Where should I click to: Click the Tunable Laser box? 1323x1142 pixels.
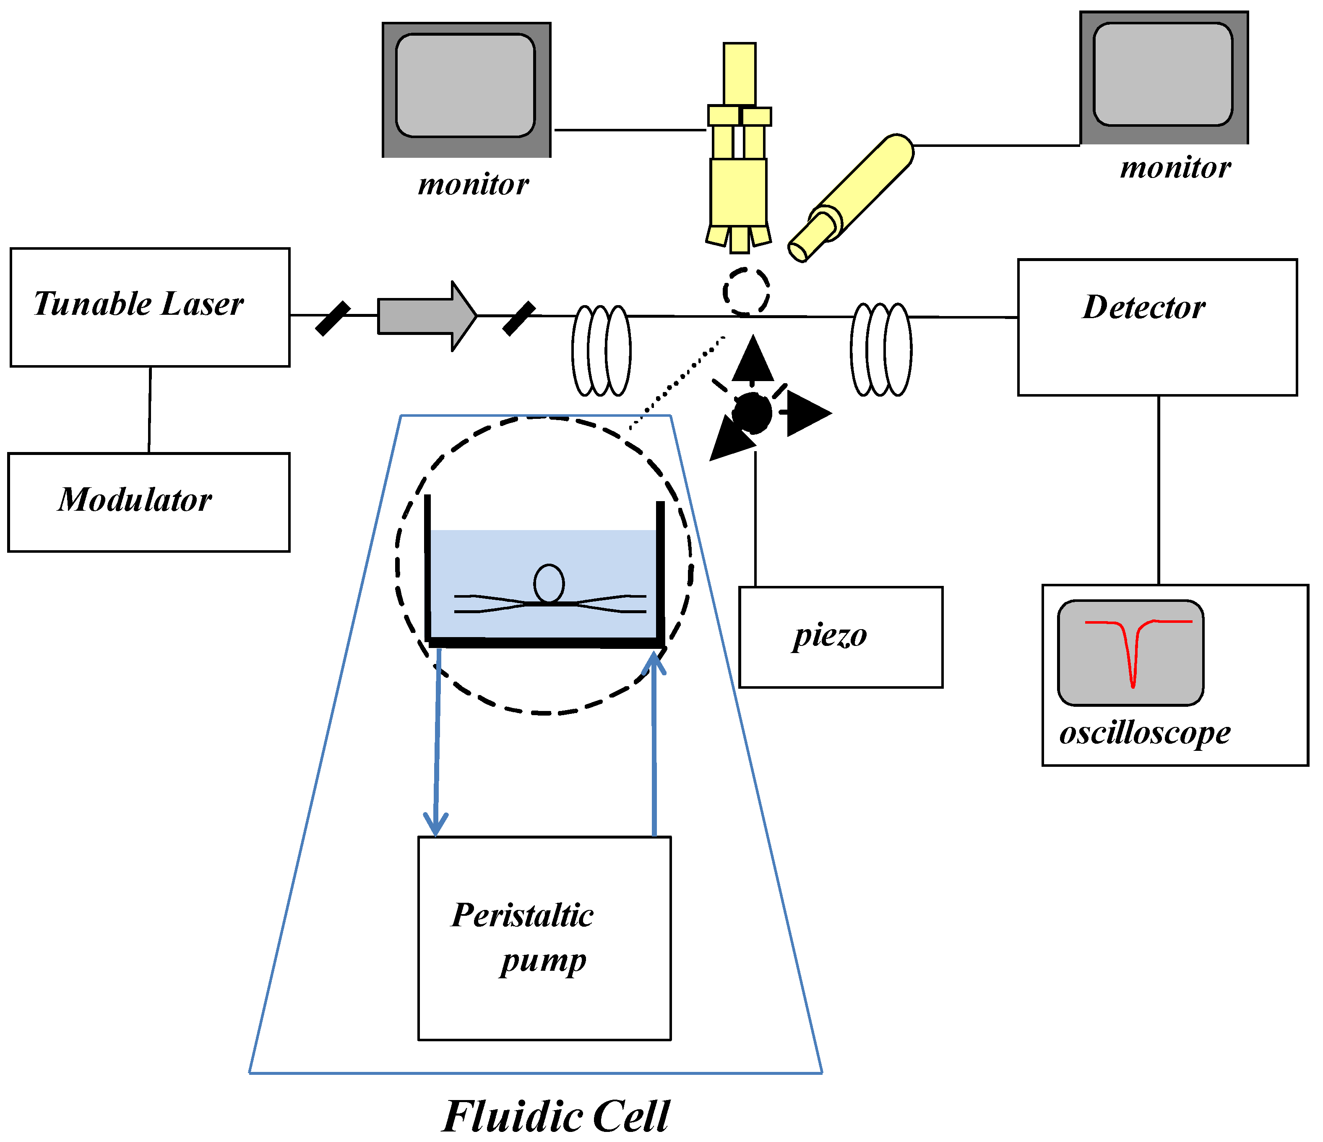tap(150, 307)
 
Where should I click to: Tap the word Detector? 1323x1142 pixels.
tap(1143, 307)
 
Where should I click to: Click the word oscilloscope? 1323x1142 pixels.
tap(1144, 733)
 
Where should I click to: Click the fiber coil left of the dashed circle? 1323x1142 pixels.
tap(601, 350)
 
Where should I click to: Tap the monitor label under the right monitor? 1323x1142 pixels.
tap(1175, 168)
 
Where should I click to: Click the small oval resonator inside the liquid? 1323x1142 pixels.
tap(549, 583)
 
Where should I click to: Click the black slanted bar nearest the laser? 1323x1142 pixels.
tap(333, 318)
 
